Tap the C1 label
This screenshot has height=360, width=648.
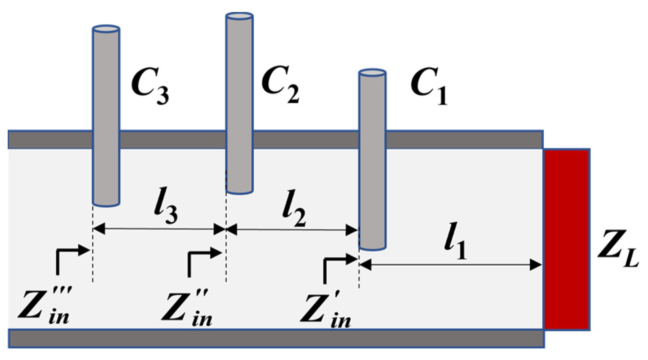click(429, 86)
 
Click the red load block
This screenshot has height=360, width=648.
click(566, 239)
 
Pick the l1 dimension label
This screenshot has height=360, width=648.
click(456, 241)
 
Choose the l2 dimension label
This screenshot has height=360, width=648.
click(294, 208)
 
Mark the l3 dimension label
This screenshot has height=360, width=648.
click(166, 207)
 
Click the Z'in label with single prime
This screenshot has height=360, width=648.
click(325, 310)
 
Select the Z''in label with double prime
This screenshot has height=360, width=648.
click(187, 308)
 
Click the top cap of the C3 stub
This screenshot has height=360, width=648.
click(106, 29)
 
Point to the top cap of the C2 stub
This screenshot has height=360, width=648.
click(239, 16)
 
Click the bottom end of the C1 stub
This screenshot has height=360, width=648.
click(372, 247)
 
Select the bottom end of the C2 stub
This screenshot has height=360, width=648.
click(239, 191)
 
